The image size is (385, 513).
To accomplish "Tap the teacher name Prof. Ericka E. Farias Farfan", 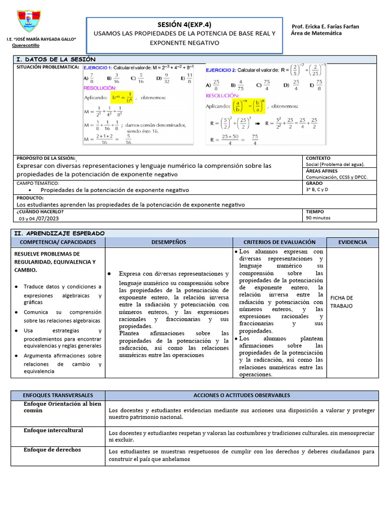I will coord(325,26).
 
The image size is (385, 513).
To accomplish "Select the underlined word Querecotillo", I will coord(26,46).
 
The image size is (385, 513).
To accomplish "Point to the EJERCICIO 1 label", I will coord(98,68).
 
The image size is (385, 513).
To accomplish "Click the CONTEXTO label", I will coord(318,158).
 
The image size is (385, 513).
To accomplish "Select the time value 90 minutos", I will coord(318,218).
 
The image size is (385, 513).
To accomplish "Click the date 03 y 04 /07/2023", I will coord(39,218).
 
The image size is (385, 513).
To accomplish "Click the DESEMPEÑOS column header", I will coord(168,242).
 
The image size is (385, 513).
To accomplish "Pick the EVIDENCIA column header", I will coord(352,242).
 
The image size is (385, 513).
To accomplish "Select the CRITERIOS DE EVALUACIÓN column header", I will coord(279,242).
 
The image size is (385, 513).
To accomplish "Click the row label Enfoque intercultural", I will coord(54,430).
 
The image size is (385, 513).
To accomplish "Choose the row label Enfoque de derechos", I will coord(52,450).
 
